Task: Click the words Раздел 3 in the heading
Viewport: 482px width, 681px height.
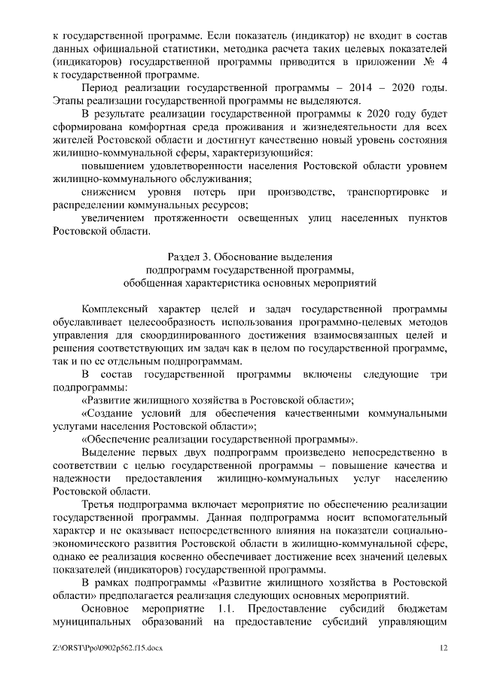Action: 193,257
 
